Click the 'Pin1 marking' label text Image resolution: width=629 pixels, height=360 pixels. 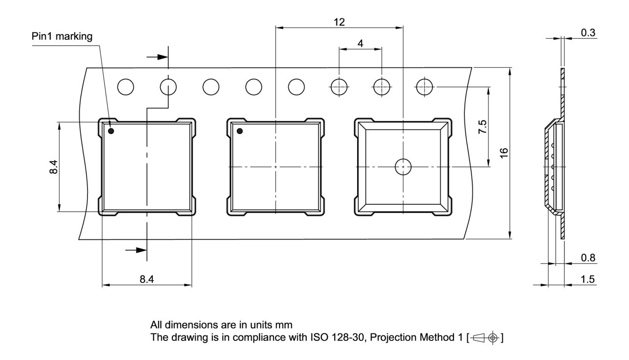point(62,37)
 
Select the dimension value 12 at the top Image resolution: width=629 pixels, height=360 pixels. point(339,22)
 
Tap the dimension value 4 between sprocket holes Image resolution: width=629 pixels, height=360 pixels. point(360,43)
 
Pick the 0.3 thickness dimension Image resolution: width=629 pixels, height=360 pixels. point(588,32)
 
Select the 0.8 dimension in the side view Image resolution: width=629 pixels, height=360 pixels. point(588,258)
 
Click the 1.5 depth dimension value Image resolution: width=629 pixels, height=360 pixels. point(588,279)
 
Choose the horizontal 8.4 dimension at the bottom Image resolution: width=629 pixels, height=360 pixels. point(146,280)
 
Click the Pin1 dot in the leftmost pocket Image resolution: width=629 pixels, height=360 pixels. point(112,131)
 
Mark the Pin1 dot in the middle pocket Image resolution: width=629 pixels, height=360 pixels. point(240,131)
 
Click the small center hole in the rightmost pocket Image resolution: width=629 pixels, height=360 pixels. point(403,167)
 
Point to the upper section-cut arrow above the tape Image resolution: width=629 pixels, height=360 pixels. point(157,57)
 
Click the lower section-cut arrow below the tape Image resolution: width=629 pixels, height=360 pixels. point(136,250)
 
